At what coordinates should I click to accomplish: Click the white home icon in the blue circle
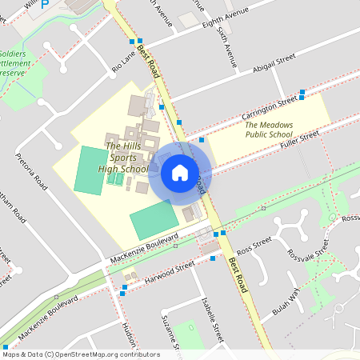tap(180, 171)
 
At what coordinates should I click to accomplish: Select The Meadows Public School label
tap(269, 130)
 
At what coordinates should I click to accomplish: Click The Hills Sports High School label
tap(123, 157)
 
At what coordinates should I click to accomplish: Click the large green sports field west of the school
tap(90, 169)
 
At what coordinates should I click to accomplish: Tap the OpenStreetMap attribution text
tap(80, 354)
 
